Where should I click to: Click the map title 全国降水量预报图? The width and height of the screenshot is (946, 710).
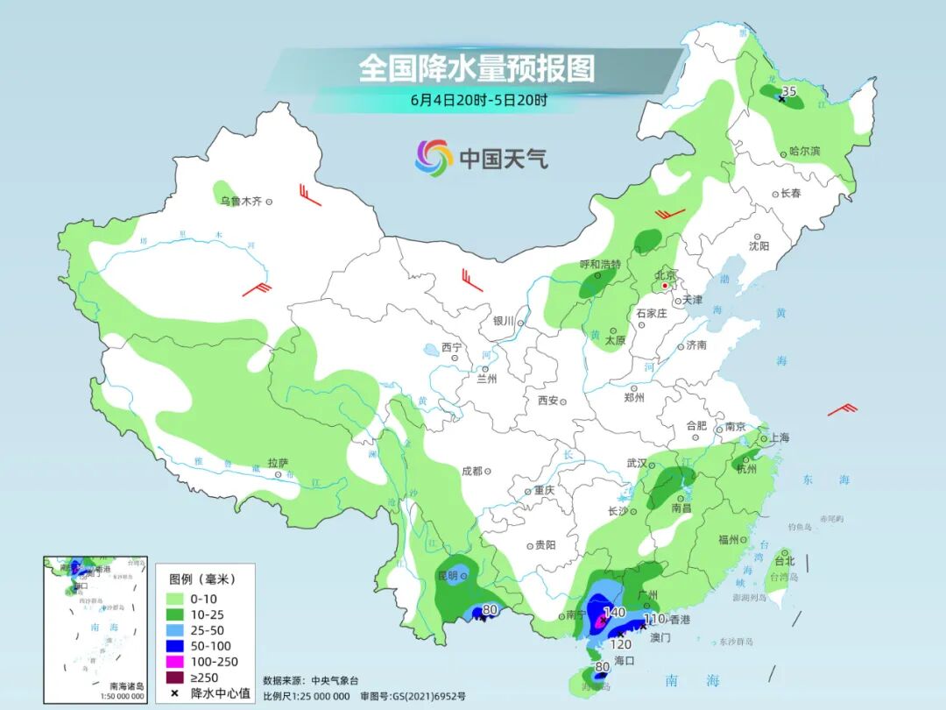click(x=477, y=68)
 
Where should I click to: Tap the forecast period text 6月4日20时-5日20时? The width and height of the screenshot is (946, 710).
click(x=478, y=100)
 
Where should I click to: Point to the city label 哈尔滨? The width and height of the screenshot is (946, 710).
click(x=804, y=152)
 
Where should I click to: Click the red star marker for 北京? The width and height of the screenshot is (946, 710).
click(x=665, y=286)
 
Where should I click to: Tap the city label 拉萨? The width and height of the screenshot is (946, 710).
click(x=278, y=462)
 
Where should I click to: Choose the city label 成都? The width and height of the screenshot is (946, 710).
click(x=472, y=471)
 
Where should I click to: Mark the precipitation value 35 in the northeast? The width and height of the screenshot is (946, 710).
click(x=788, y=91)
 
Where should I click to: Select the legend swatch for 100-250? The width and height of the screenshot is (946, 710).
click(x=176, y=662)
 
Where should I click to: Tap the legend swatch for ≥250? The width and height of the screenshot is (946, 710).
click(x=176, y=678)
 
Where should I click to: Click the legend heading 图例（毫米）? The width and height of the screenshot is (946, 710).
click(x=201, y=579)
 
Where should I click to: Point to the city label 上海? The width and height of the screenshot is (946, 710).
click(x=778, y=437)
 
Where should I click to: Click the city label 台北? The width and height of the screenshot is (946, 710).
click(x=784, y=561)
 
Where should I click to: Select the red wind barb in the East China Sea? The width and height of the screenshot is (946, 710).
click(x=843, y=408)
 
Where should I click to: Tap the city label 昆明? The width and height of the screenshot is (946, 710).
click(x=447, y=576)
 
